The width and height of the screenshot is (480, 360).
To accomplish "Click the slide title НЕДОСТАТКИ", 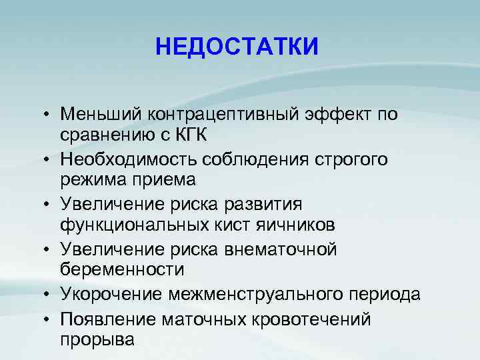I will (x=237, y=47).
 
